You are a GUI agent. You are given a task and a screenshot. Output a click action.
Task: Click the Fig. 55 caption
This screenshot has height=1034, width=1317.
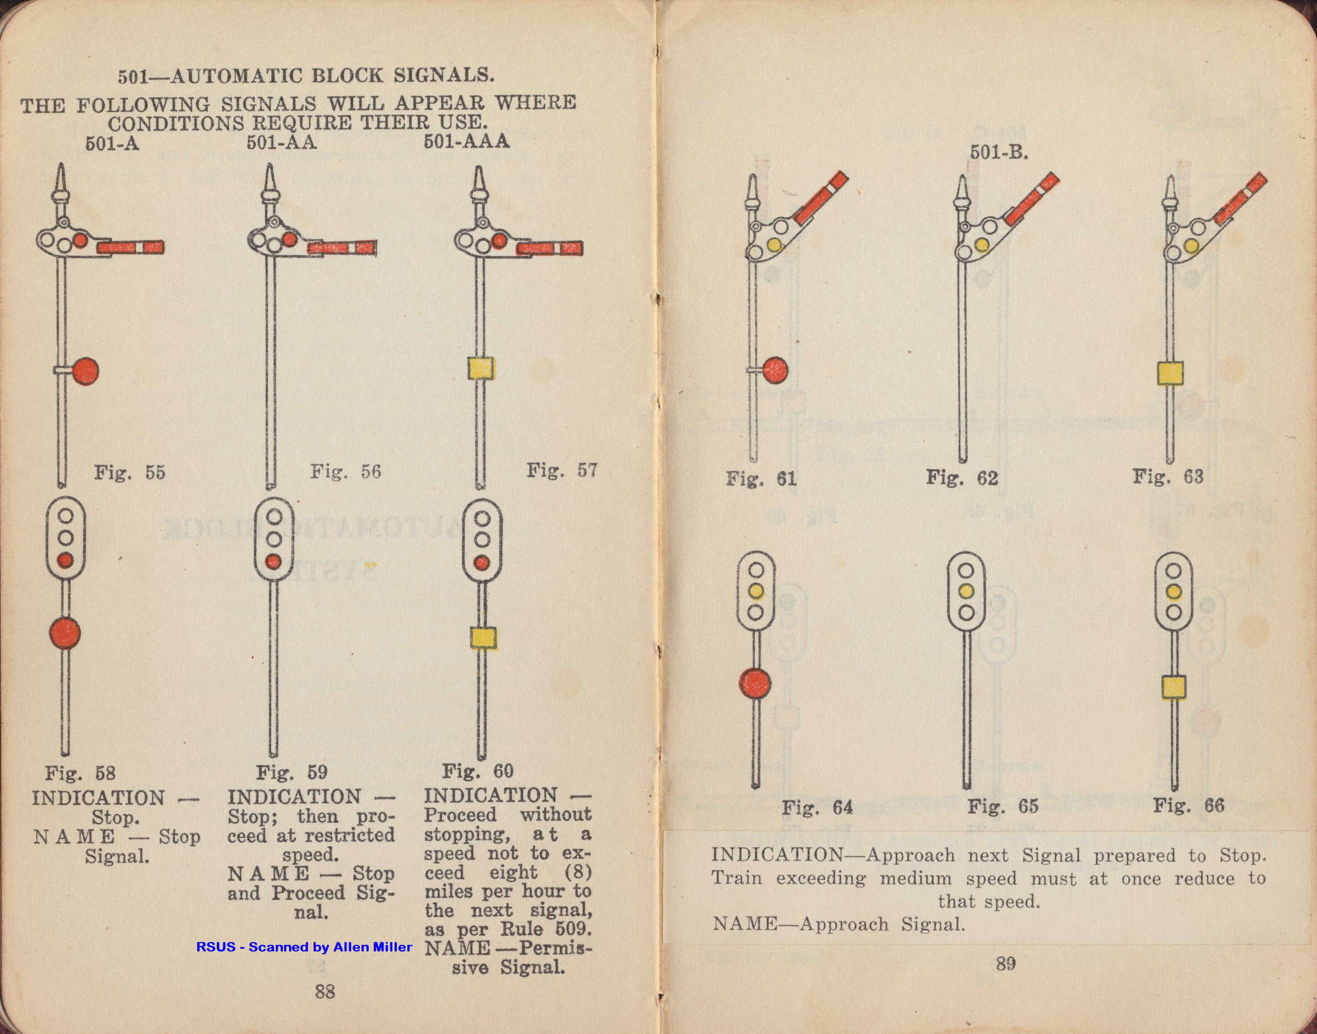(x=129, y=472)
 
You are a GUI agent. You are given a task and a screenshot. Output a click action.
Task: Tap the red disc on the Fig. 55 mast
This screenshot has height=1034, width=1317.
(x=85, y=371)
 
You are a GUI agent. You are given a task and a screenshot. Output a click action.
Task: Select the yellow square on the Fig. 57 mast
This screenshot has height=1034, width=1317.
(x=481, y=368)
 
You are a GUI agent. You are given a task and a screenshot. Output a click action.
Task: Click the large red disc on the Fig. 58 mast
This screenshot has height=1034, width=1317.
(x=65, y=633)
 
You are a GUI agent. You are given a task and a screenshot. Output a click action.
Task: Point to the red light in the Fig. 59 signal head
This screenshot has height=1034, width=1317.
(x=274, y=561)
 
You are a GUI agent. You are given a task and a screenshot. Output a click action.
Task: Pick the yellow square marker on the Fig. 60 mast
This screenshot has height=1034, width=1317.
(x=484, y=638)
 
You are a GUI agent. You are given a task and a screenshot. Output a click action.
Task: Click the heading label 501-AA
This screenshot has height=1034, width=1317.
(x=281, y=143)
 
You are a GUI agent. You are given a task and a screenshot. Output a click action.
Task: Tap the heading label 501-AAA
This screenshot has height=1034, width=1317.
(x=466, y=142)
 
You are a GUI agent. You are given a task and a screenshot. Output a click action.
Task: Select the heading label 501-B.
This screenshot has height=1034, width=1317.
(x=999, y=153)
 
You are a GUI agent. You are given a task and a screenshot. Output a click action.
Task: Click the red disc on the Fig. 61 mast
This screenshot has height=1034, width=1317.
(x=774, y=370)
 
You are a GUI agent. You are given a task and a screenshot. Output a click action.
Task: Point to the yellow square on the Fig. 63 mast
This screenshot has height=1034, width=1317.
(x=1170, y=373)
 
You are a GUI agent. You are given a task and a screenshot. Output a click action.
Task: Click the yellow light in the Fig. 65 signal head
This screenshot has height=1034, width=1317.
(x=966, y=591)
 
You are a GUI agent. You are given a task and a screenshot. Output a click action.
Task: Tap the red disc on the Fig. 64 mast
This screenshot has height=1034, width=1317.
(x=755, y=683)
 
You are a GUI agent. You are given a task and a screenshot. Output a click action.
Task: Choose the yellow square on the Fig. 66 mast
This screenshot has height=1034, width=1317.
(x=1174, y=687)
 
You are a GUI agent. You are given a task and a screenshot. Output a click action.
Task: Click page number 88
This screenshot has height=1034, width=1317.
(x=325, y=991)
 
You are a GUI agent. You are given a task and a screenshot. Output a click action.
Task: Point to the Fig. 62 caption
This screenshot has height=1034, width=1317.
(x=962, y=478)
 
